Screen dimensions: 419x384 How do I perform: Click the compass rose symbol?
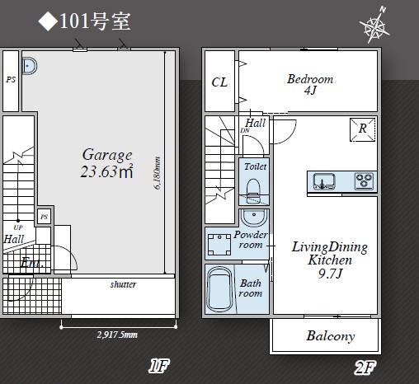(x=374, y=26)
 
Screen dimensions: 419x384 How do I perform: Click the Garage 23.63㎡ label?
(x=107, y=163)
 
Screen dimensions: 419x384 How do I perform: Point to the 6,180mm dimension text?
(x=157, y=173)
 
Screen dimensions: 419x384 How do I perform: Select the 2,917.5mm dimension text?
(x=117, y=335)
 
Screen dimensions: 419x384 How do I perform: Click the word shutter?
(x=123, y=284)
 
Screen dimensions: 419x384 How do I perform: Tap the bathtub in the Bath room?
(x=219, y=289)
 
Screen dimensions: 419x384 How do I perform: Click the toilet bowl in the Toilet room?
(x=253, y=191)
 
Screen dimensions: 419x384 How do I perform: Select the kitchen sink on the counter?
(x=324, y=181)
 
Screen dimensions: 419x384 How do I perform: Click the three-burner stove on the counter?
(x=365, y=181)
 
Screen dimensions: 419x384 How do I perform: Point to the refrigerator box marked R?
(x=363, y=129)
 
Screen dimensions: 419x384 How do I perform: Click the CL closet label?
(x=219, y=82)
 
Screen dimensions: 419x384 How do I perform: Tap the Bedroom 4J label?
(x=310, y=84)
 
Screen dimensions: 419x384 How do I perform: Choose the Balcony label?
(x=331, y=336)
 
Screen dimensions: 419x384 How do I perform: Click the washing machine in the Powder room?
(x=219, y=245)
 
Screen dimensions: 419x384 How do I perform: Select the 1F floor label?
(x=159, y=366)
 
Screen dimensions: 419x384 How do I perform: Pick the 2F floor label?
(x=365, y=368)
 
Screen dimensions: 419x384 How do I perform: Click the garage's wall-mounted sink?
(x=30, y=66)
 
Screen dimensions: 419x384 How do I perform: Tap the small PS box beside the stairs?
(x=44, y=217)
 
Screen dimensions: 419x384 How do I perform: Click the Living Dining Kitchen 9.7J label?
(x=330, y=260)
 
